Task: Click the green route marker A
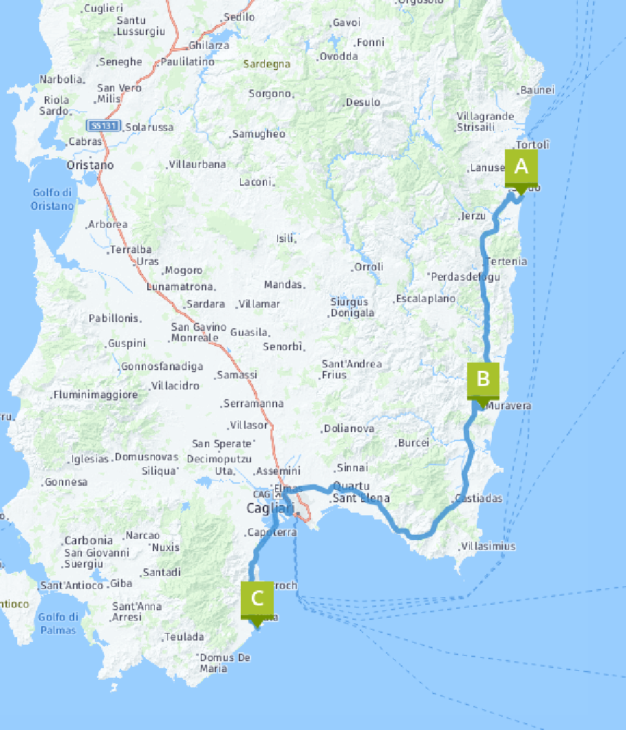tap(521, 169)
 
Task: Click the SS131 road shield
tap(104, 126)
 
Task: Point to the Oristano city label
tap(90, 166)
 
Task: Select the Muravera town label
tap(508, 406)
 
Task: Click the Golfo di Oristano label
tap(52, 200)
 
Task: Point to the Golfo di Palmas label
tap(57, 623)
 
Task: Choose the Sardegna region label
tap(267, 64)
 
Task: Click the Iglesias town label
tap(90, 459)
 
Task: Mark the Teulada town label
tap(184, 637)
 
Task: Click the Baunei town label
tap(537, 90)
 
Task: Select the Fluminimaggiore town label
tap(97, 395)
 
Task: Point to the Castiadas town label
tap(479, 498)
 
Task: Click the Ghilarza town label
tap(209, 45)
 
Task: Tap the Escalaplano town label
tap(426, 299)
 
